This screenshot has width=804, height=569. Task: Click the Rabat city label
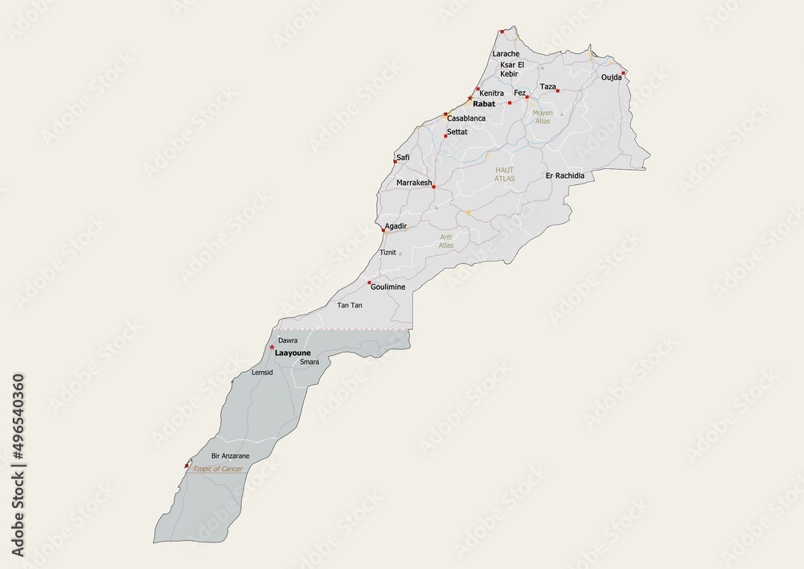coord(484,105)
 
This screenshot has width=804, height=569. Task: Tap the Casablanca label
coord(466,118)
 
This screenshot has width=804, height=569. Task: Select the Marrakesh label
coord(414,183)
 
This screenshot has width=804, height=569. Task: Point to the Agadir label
coord(396,226)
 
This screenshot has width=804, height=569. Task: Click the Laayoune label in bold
coord(293,353)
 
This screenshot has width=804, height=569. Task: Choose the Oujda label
coord(611,77)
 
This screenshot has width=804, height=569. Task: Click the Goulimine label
coord(388,287)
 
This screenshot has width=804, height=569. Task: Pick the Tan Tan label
coord(349,306)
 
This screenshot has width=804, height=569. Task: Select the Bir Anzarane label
coord(230,456)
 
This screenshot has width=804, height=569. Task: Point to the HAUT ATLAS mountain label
coord(504,174)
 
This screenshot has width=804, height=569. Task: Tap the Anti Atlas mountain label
coord(446,241)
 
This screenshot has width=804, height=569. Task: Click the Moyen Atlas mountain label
coord(543,117)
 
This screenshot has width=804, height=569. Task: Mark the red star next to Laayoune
coord(272,348)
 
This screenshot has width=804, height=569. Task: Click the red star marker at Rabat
coord(470,99)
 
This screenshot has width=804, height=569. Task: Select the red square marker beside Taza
coord(557,91)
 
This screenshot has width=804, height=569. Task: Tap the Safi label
coord(403,157)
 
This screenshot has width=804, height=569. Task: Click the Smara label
coord(310,362)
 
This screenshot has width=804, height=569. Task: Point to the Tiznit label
coord(388,252)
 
